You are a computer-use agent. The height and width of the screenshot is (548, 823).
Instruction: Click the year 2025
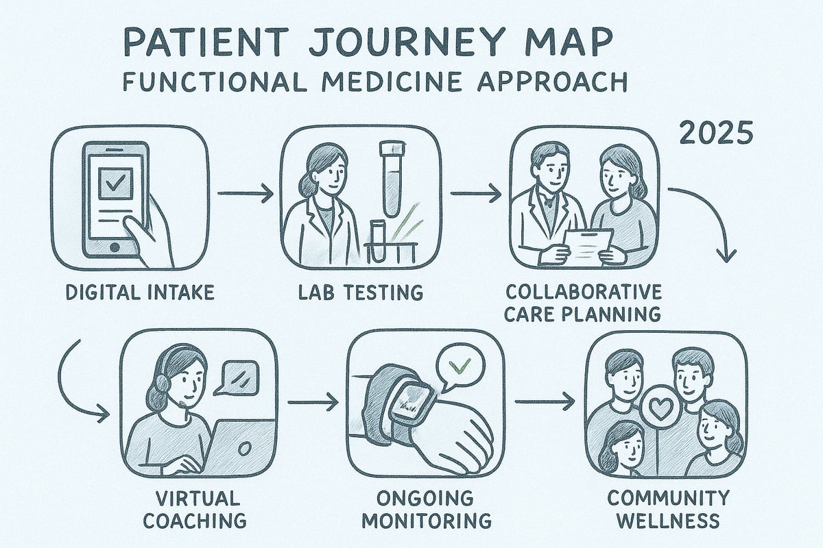tap(714, 133)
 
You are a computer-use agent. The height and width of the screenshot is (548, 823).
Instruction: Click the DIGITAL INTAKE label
tap(141, 292)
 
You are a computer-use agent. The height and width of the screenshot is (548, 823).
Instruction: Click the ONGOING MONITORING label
tap(426, 508)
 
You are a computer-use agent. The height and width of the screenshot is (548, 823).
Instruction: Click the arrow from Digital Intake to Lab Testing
tap(245, 195)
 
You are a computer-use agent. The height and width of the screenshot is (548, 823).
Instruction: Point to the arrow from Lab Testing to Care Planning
tap(475, 195)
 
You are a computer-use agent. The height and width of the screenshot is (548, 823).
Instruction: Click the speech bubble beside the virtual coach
tap(236, 377)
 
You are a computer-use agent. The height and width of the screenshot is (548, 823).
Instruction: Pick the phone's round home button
tap(114, 245)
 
